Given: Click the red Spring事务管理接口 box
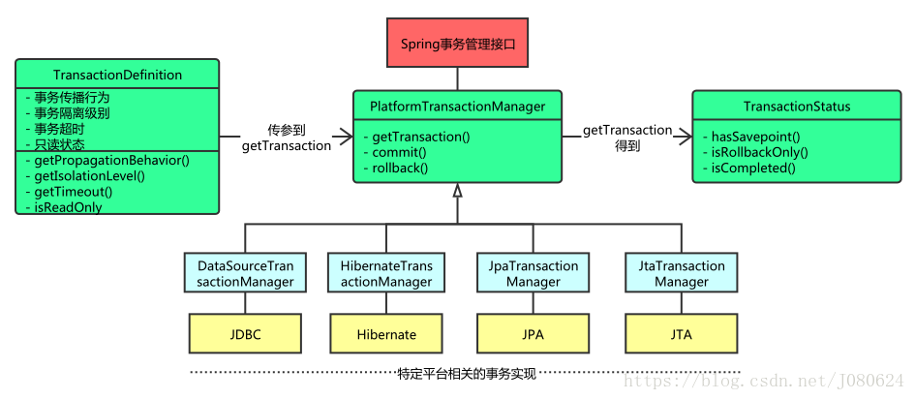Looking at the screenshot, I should (458, 44).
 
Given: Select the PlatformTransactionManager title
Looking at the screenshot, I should (457, 107).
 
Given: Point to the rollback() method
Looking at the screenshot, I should (400, 168).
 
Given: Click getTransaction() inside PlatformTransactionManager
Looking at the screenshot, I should (420, 137).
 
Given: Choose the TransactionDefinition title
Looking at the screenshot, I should (117, 75).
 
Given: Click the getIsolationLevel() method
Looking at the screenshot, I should (89, 175).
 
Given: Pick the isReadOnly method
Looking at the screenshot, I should (69, 207).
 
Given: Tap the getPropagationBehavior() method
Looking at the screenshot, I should (111, 160).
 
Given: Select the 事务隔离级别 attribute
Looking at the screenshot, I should (72, 112).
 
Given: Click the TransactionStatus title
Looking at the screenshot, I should (796, 107).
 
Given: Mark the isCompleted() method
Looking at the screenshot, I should (753, 168).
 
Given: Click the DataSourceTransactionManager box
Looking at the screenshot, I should (245, 273).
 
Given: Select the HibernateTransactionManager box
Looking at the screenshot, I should (385, 273).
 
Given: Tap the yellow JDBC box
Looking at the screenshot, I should (245, 334).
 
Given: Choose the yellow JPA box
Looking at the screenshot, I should (533, 334).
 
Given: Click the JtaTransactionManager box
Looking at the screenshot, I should (681, 273).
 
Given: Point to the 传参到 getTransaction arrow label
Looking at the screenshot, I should (286, 138).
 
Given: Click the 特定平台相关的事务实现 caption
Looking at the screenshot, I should (466, 373).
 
